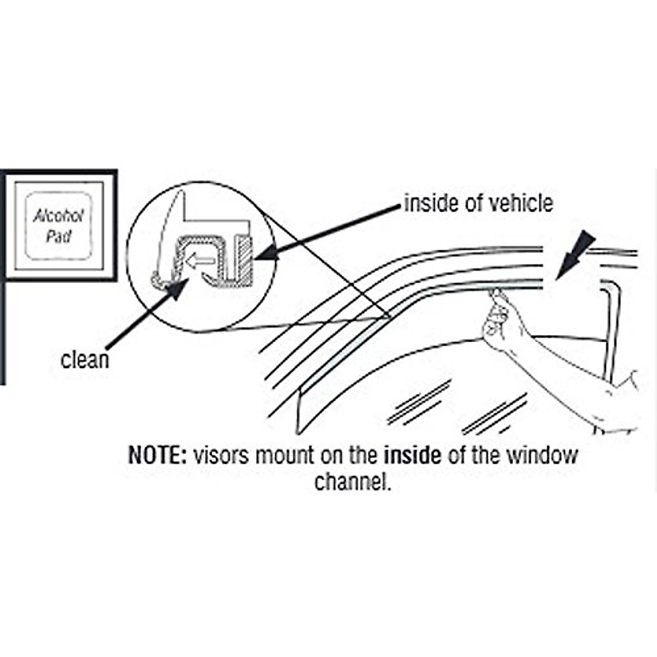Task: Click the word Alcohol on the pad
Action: pos(58,216)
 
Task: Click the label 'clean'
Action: pos(85,360)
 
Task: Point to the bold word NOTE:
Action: pos(158,456)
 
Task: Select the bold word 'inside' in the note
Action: pos(412,456)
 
